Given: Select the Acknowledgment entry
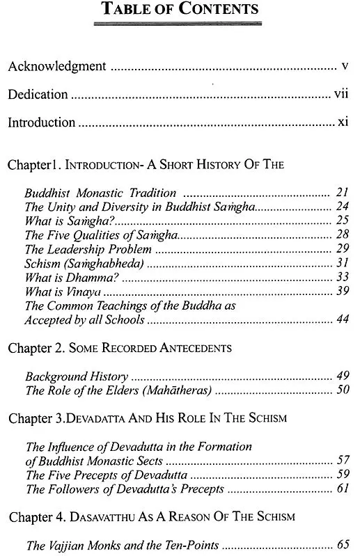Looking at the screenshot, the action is click(56, 67).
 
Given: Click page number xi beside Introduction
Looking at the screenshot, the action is click(342, 122).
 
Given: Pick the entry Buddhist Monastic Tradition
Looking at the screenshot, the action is click(100, 193).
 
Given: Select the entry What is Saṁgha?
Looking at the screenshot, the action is click(58, 221).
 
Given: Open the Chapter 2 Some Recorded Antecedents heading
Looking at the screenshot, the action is click(129, 347).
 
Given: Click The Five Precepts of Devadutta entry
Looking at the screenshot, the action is click(107, 475).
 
